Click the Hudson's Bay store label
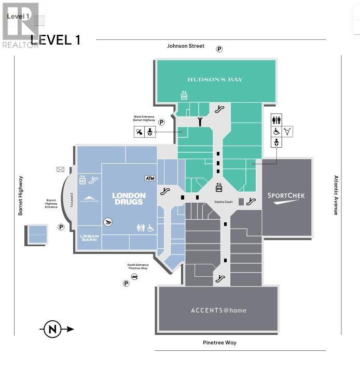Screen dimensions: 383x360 215,79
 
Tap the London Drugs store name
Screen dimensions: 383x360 129,198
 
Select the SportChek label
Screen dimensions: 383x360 286,195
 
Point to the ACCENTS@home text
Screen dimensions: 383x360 218,310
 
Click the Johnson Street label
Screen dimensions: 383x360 185,46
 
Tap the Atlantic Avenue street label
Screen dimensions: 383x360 336,195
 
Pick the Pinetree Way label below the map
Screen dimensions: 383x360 219,343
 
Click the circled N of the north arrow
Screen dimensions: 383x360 52,329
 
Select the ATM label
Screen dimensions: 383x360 150,178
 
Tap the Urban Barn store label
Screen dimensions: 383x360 89,239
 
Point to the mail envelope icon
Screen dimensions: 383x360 60,169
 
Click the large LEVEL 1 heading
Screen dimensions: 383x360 56,40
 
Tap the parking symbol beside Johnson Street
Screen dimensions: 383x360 219,49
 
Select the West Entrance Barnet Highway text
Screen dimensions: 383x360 144,118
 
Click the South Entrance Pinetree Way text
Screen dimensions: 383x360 138,266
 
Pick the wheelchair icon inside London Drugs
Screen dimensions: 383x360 151,228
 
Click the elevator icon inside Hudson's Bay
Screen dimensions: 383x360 184,95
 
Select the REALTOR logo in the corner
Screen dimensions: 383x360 21,25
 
